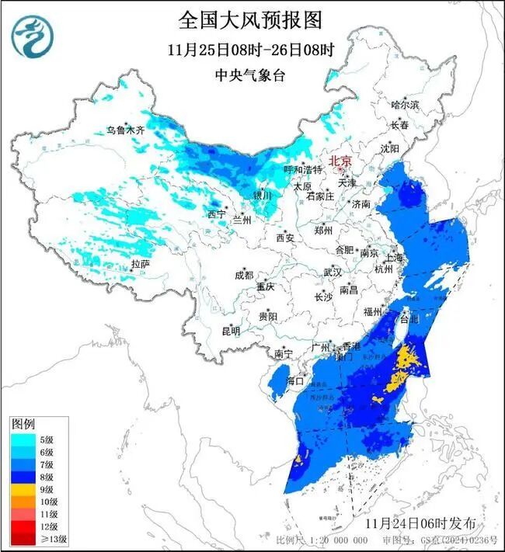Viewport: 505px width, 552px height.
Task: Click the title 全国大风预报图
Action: (x=249, y=19)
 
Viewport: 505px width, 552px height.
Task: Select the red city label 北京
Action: (x=340, y=161)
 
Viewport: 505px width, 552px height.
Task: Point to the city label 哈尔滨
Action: (x=405, y=104)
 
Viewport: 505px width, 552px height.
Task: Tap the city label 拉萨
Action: (x=140, y=264)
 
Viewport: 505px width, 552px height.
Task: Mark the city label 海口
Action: (x=294, y=381)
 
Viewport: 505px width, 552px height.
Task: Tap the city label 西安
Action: (x=285, y=238)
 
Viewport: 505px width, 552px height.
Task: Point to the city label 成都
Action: (x=243, y=275)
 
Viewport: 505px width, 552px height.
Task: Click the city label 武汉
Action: (x=333, y=273)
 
